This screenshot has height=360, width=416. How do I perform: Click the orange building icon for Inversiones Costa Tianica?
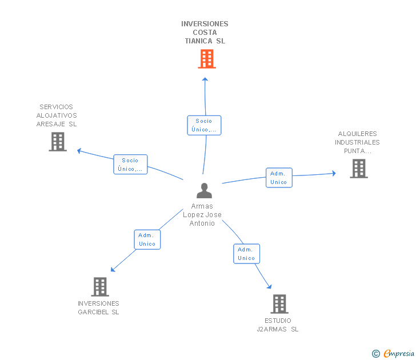point(207,59)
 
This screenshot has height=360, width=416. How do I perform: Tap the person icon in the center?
point(204,191)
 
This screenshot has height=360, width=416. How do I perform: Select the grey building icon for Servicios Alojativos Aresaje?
point(58,142)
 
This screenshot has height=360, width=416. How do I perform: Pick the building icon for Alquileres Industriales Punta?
point(358,169)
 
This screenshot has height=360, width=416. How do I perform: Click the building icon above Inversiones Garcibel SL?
point(100,287)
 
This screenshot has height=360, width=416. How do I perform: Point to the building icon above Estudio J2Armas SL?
point(279,304)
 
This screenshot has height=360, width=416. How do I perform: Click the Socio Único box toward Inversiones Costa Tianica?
point(204,125)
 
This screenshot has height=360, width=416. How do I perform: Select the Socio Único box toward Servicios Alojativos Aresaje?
point(130,165)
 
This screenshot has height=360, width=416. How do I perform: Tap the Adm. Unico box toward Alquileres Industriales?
point(279,178)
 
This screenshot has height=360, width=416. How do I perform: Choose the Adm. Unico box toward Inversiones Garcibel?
point(147,239)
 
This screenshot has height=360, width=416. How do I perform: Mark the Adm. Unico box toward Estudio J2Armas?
point(246,254)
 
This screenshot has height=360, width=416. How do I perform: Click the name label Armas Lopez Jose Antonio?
point(202,215)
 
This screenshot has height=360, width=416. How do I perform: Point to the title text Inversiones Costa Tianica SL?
point(205,33)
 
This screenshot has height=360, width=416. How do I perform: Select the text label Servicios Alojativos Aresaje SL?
point(57,115)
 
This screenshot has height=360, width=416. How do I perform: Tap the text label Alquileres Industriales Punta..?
point(357,143)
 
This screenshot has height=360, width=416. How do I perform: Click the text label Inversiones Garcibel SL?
point(98,308)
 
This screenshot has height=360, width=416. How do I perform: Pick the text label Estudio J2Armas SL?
point(278,325)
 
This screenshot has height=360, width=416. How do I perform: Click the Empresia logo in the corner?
point(399,353)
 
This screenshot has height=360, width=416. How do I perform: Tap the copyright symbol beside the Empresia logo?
point(376,354)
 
